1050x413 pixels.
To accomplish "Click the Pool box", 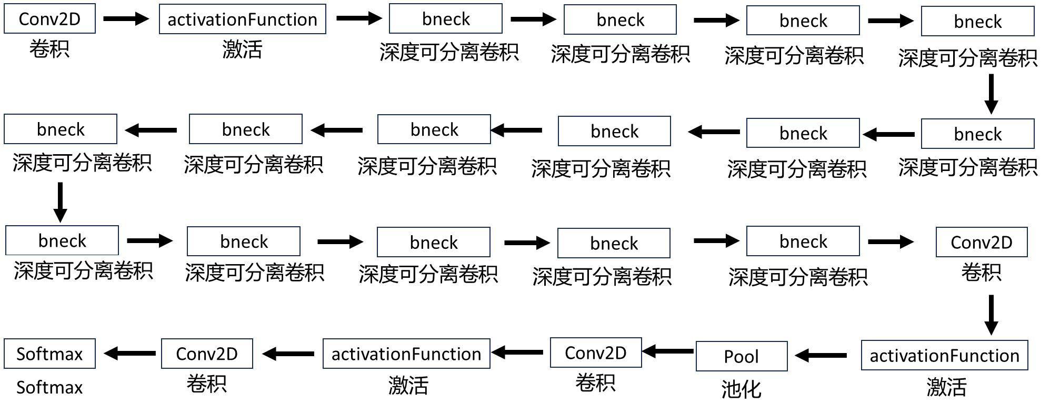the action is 741,356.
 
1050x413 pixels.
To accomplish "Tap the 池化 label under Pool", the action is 741,389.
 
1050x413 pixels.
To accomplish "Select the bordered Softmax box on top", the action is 49,354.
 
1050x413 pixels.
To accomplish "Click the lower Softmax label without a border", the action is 49,387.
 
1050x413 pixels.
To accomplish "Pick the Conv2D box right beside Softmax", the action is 206,354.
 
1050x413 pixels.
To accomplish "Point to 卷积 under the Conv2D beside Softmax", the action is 206,384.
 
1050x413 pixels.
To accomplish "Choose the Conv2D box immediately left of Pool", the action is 595,352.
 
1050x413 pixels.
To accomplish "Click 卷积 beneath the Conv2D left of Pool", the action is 595,382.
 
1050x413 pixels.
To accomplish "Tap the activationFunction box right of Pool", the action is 944,356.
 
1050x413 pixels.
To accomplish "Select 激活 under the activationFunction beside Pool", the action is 946,387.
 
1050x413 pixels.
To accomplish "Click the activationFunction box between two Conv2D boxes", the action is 406,354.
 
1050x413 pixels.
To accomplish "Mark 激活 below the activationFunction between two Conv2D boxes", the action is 408,386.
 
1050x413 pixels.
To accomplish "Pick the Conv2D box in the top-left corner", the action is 49,19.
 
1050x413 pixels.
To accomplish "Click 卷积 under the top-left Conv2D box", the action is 49,49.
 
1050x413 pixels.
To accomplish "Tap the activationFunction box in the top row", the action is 242,19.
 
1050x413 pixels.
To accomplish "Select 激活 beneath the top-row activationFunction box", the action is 242,50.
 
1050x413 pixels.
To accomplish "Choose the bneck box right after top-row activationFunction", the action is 445,19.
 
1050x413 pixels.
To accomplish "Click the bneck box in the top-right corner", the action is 977,22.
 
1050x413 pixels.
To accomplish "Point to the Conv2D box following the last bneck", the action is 981,242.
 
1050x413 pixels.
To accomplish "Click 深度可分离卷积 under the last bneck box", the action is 797,277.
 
